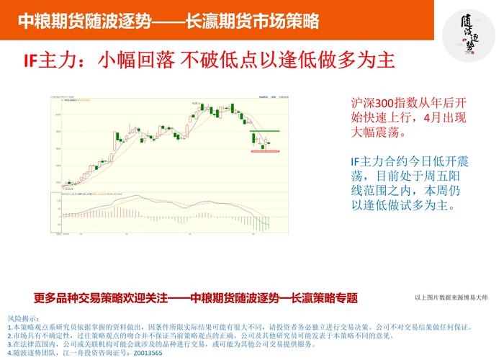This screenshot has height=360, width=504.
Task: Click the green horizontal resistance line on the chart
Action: (264, 131)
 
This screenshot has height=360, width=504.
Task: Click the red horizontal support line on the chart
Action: (264, 151)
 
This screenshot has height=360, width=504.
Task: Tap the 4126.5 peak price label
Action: (195, 102)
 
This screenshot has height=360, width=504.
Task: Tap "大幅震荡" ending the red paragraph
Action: (375, 132)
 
